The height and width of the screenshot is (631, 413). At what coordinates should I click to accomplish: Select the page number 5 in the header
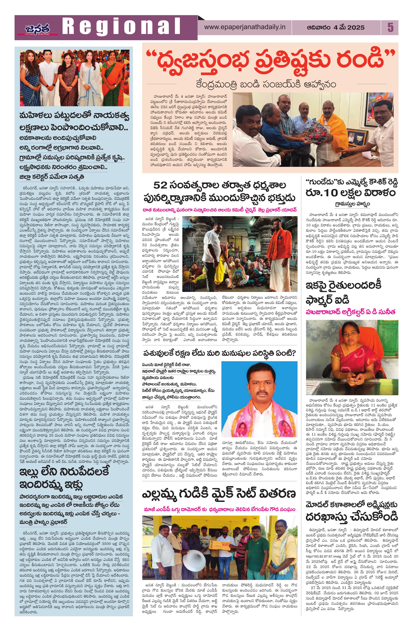pos(390,27)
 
